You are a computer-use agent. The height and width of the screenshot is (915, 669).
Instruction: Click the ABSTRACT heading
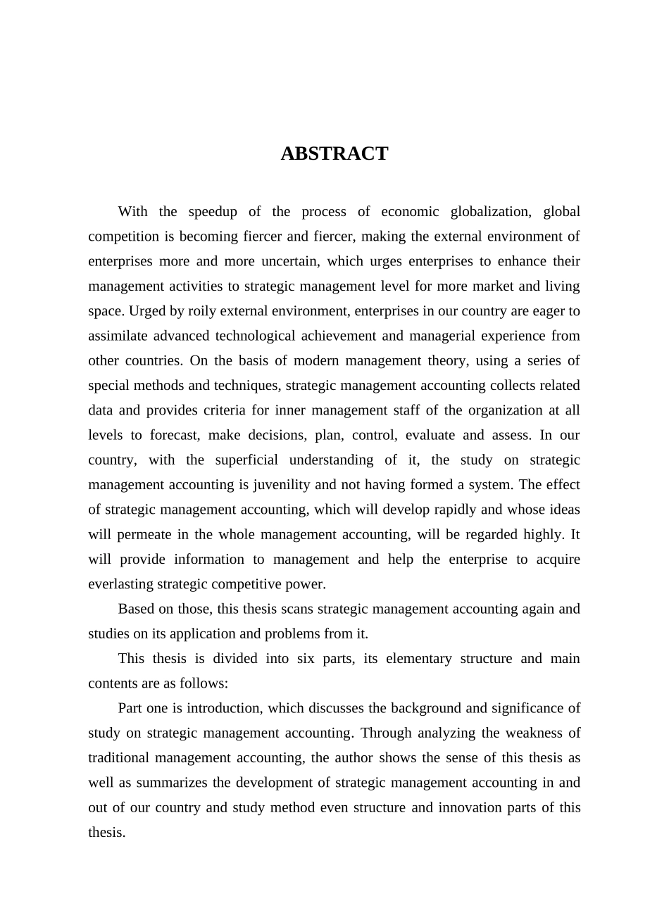coord(334,153)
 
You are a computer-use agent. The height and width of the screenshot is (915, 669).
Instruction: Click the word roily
coord(182,311)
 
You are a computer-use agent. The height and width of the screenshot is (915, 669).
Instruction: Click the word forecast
coord(175,435)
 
